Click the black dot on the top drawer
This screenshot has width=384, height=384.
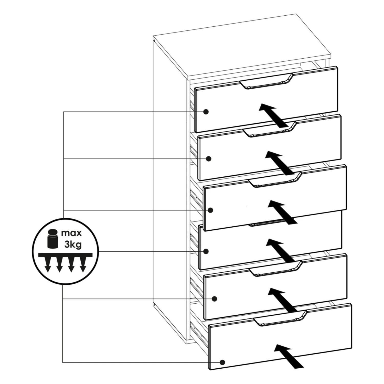point(206,112)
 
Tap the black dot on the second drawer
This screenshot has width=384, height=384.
point(209,159)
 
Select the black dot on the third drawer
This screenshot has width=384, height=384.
point(210,210)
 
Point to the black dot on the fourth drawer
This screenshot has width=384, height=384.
point(206,251)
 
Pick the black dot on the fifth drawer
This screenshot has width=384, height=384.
point(215,299)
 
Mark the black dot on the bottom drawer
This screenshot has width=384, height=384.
point(222,362)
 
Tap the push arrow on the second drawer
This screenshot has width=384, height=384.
point(279,163)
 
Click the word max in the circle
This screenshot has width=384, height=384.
point(71,233)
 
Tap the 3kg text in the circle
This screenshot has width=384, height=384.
point(73,245)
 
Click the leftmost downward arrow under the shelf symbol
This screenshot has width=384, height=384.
point(47,264)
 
